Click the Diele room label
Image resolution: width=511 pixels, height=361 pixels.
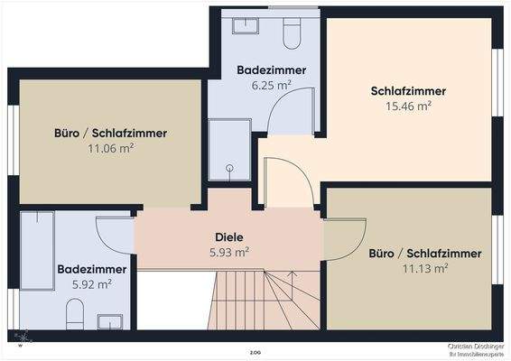click(228, 238)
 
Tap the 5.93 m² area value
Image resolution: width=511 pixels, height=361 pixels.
click(229, 253)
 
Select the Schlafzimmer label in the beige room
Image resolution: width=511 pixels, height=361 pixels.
click(408, 91)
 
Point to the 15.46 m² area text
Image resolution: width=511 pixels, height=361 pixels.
click(408, 106)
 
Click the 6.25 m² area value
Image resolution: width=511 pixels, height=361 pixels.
click(271, 85)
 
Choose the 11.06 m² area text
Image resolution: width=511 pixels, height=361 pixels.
click(109, 150)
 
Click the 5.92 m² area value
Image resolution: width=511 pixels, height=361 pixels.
click(84, 283)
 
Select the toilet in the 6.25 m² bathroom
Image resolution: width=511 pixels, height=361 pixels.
click(293, 35)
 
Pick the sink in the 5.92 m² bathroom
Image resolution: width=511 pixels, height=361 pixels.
click(109, 322)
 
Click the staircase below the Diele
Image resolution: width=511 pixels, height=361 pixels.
click(267, 302)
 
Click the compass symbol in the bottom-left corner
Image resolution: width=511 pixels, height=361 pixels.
click(20, 338)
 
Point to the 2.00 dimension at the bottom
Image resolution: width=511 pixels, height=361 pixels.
click(255, 351)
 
